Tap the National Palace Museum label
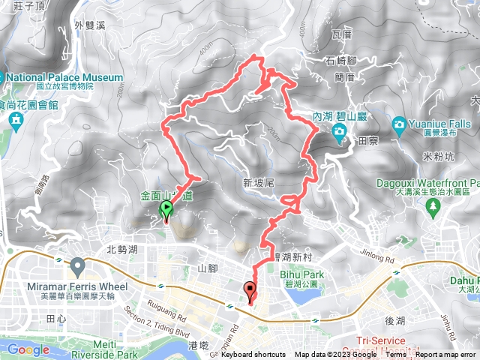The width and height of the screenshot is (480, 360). coord(66,77)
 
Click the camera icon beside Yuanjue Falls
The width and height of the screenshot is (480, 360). coord(398,122)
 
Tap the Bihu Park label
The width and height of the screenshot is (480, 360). coord(304,274)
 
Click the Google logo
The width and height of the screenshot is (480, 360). coord(28,349)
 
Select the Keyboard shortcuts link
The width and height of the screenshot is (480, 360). coord(253,355)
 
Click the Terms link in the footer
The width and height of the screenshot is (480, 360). coord(396,355)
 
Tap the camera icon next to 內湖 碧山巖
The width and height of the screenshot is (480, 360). coord(340,133)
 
